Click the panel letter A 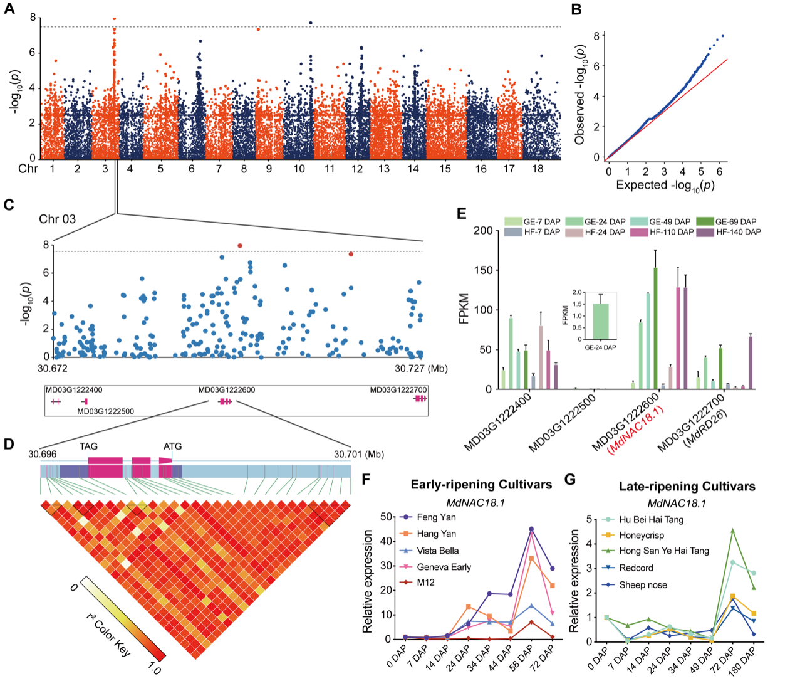tap(10, 9)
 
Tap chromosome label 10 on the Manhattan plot tap(299, 169)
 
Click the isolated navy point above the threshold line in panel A tap(311, 23)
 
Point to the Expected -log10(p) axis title tap(665, 186)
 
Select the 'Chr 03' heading tap(57, 219)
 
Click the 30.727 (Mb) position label tap(421, 369)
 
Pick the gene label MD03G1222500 tap(105, 411)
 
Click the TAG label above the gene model tap(88, 446)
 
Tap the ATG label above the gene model tap(172, 446)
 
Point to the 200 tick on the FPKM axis tap(483, 231)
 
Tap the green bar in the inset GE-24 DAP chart tap(600, 321)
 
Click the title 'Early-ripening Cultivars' tap(481, 485)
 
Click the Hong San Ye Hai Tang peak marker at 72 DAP tap(732, 531)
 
